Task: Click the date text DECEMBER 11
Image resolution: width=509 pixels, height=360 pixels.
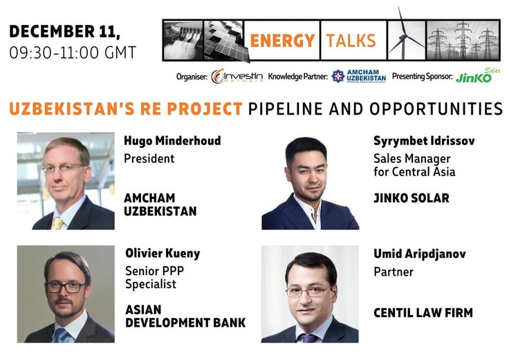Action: (66, 31)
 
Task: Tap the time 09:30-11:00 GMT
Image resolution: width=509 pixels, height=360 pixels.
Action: (73, 52)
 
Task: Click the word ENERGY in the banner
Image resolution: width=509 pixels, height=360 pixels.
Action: (281, 40)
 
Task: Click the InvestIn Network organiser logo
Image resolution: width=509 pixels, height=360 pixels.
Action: (237, 76)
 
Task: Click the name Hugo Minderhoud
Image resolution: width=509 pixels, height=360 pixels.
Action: (172, 141)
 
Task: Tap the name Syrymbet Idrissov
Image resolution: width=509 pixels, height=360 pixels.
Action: (424, 141)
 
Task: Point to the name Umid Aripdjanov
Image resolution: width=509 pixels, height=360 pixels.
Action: (419, 254)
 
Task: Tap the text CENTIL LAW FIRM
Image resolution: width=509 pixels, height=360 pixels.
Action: (423, 313)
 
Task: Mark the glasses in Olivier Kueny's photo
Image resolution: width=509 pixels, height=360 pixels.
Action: (66, 286)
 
